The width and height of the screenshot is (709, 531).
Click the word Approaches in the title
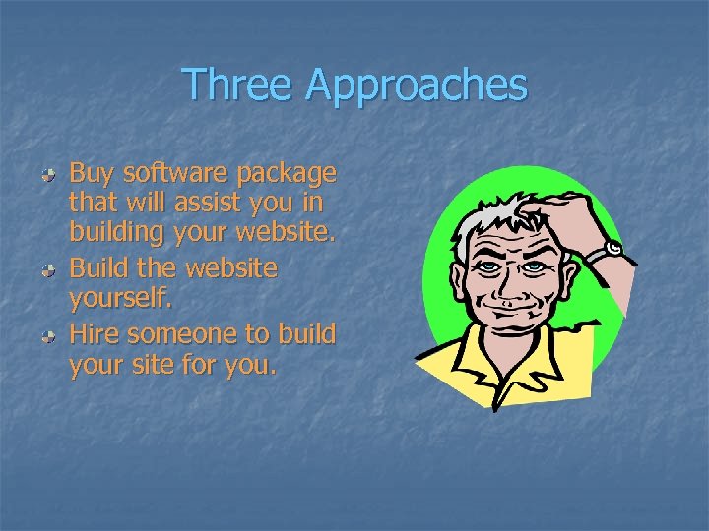[x=417, y=87]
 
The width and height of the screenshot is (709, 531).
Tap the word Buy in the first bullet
[x=92, y=174]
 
